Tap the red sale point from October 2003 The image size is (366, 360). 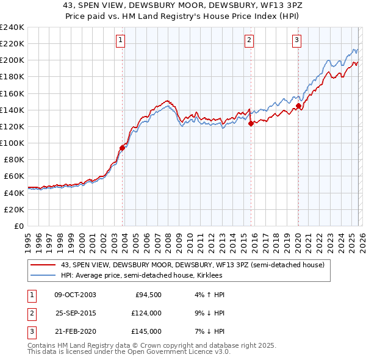click(122, 147)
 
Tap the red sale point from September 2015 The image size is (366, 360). click(251, 123)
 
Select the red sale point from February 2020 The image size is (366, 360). click(298, 106)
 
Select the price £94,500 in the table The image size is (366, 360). click(148, 295)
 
